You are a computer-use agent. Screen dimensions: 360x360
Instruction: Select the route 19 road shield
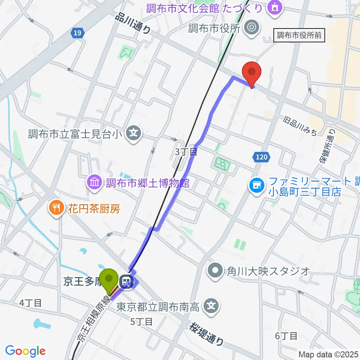(x=76, y=33)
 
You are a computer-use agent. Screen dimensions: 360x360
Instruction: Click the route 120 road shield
(x=262, y=157)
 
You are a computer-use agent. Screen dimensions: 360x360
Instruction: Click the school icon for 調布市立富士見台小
(x=133, y=133)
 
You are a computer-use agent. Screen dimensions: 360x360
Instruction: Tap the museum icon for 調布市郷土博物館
(x=94, y=183)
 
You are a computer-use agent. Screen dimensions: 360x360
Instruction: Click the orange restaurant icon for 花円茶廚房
(x=56, y=208)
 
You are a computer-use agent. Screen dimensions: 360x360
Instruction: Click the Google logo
(x=25, y=351)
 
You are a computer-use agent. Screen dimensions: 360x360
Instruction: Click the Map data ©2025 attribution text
(x=328, y=354)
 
